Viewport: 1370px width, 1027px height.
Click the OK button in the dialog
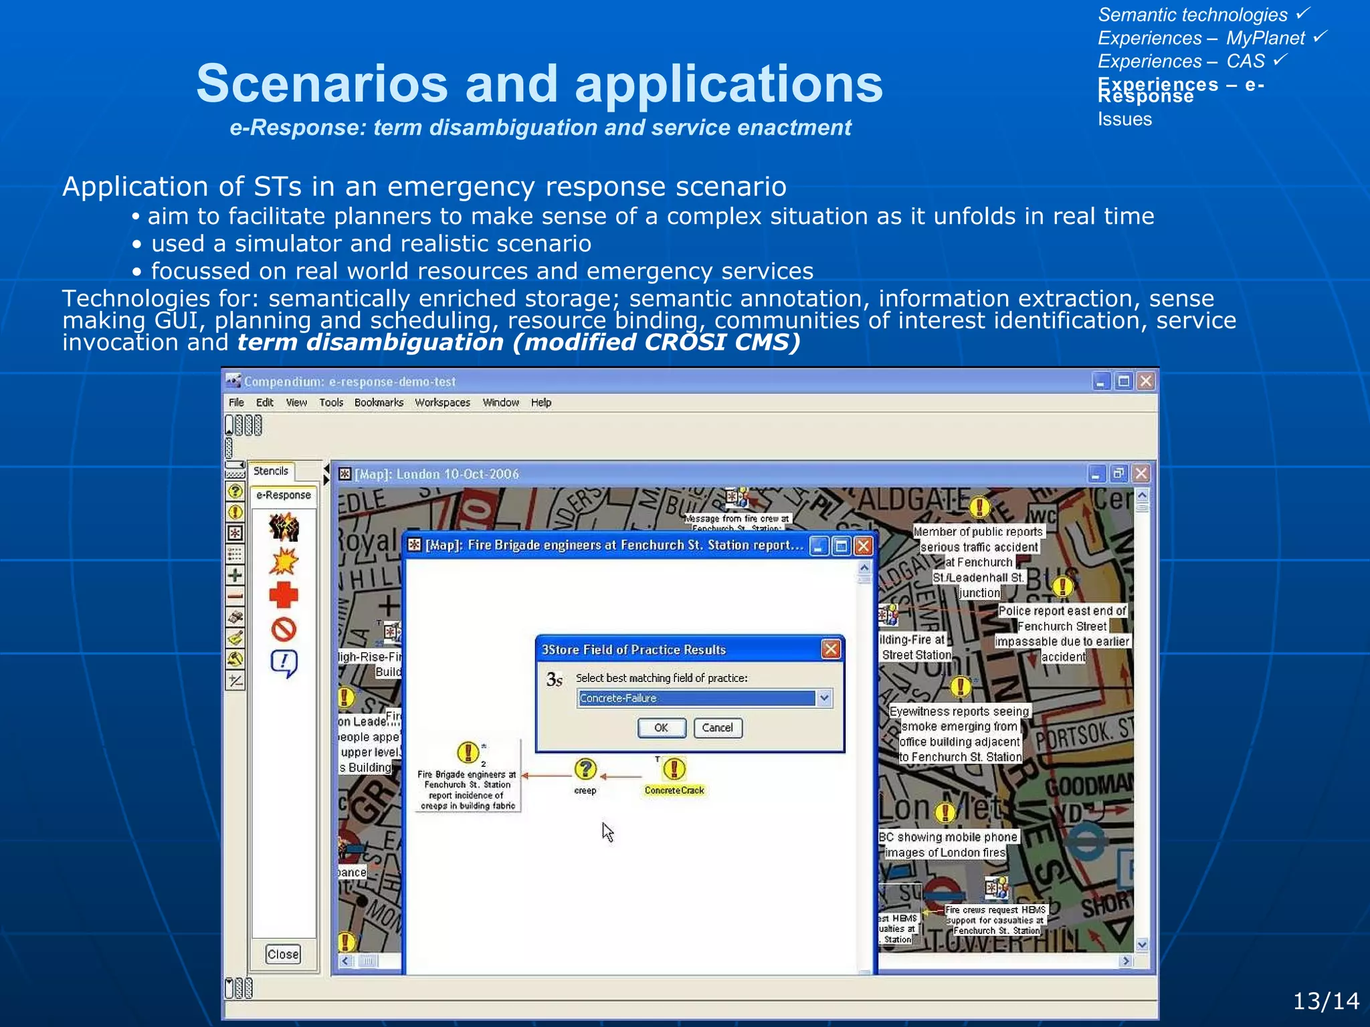click(661, 727)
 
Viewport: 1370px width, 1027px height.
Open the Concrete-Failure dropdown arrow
click(824, 698)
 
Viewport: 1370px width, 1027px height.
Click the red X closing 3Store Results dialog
click(831, 649)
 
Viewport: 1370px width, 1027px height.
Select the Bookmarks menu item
click(379, 403)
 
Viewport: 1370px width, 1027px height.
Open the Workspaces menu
click(442, 403)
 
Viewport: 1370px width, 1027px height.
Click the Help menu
click(541, 403)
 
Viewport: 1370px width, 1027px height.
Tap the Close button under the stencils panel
click(283, 954)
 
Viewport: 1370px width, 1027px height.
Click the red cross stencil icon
click(284, 594)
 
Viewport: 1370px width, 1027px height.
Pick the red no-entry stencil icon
click(284, 629)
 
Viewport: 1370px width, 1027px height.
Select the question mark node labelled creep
click(585, 770)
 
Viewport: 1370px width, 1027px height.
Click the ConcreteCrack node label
click(674, 790)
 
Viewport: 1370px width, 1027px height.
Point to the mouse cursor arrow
click(607, 831)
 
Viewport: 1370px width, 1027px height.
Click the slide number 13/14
click(1325, 1001)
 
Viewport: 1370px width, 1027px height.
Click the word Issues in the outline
click(1124, 119)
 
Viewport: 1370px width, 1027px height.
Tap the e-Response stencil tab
click(284, 495)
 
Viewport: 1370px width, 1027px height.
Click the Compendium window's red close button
click(1146, 381)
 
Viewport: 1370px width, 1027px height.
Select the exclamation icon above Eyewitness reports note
click(961, 687)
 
